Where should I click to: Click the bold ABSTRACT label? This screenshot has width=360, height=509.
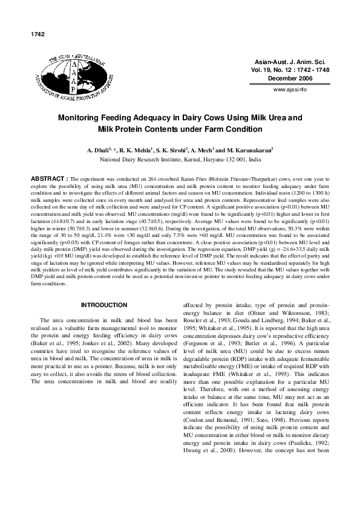(50, 180)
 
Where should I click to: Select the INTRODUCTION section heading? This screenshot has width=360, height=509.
(104, 305)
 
